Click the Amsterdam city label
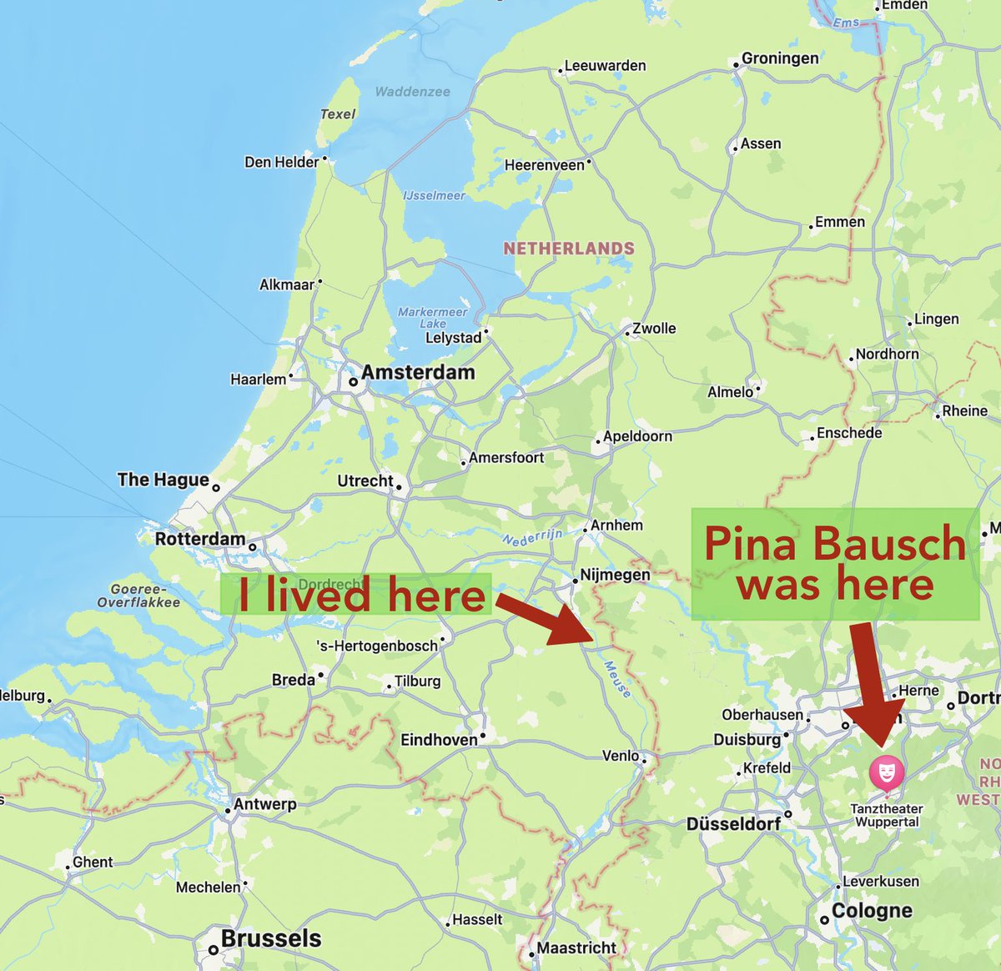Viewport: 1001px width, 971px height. tap(418, 373)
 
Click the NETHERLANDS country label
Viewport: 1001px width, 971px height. tap(569, 249)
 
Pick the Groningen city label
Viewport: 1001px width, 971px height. tap(780, 58)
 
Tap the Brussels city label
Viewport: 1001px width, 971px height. tap(271, 938)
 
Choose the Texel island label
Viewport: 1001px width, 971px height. tap(338, 114)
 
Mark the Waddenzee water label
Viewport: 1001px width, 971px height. tap(412, 92)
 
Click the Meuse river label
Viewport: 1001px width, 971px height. tap(618, 680)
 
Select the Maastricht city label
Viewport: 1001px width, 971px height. tap(576, 948)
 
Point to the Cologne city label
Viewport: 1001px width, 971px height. tap(872, 911)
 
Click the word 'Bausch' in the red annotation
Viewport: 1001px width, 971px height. tap(889, 544)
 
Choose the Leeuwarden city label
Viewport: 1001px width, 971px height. tap(605, 66)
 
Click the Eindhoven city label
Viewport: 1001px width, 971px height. tap(439, 740)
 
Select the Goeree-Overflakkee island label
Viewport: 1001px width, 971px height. tap(138, 596)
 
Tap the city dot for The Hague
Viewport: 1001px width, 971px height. tap(216, 488)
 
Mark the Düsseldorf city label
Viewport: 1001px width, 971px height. tap(733, 824)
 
